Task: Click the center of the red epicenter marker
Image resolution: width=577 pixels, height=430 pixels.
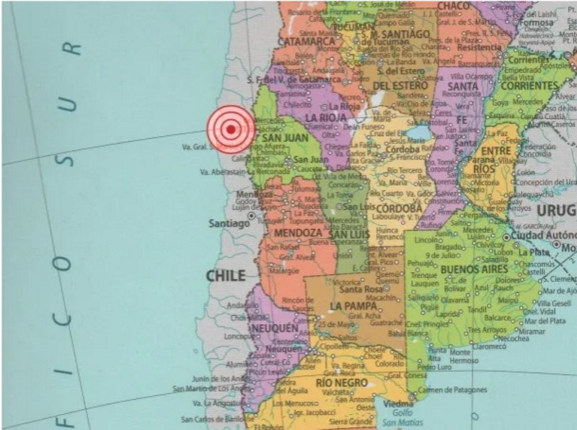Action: [x=230, y=130]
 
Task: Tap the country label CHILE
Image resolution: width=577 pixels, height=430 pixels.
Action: [x=226, y=275]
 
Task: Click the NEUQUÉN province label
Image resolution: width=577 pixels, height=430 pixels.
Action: [x=273, y=328]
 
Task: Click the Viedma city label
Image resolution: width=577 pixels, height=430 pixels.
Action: [x=398, y=405]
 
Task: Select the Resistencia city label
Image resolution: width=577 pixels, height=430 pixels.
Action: [x=478, y=48]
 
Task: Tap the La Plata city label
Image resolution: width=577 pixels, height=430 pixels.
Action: [x=534, y=253]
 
